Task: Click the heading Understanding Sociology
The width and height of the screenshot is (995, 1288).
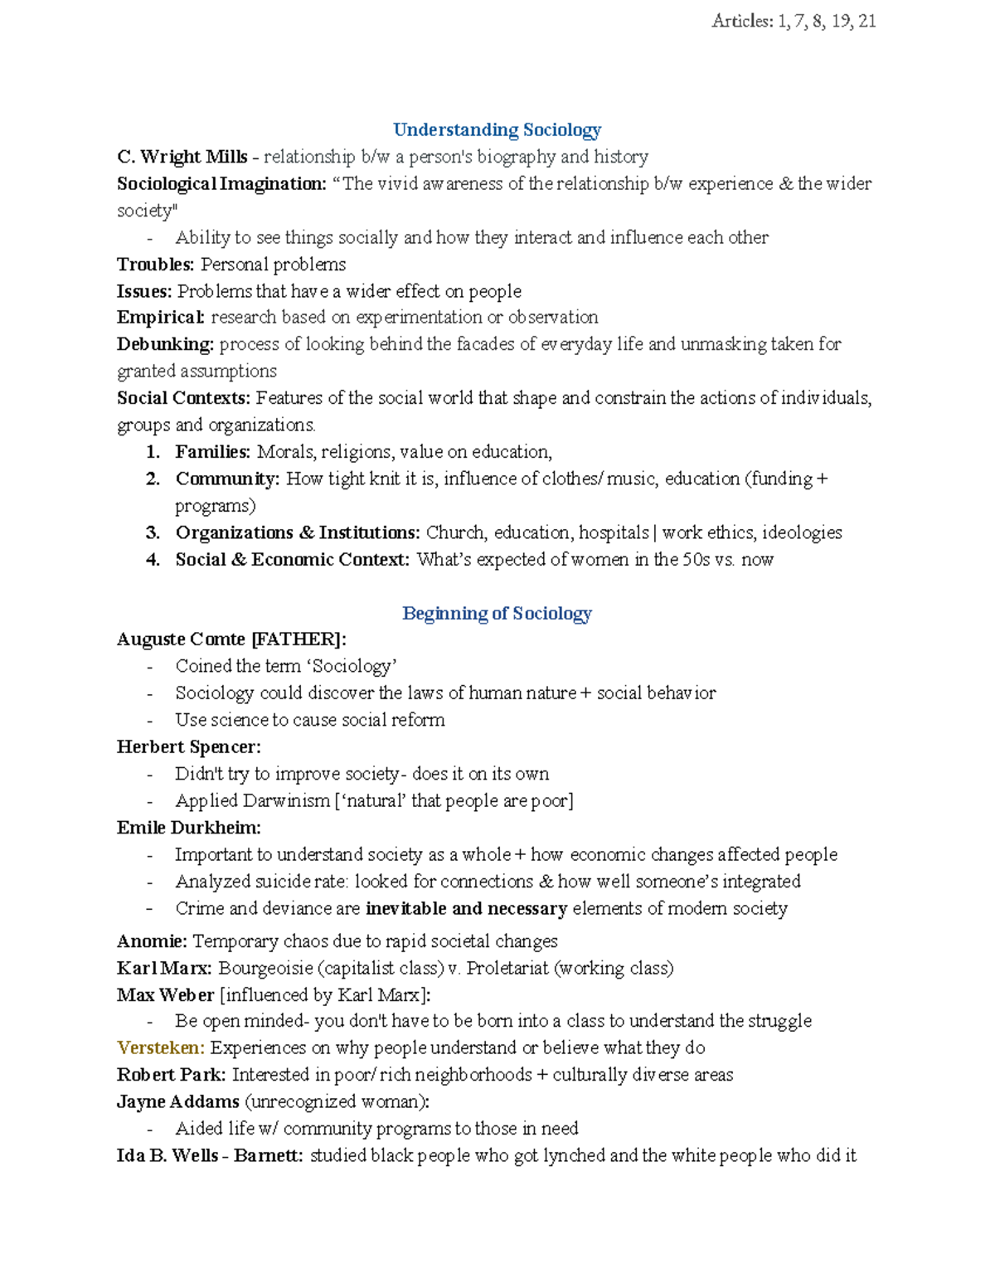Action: tap(497, 130)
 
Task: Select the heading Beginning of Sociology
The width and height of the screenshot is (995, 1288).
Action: tap(497, 614)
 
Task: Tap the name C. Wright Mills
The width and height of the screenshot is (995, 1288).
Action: tap(182, 157)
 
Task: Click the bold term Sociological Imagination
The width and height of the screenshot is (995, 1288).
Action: tap(221, 184)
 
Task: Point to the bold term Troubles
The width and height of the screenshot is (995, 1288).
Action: tap(155, 265)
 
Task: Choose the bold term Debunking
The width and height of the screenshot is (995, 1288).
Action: tap(165, 344)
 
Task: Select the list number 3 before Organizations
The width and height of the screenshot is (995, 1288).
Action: tap(153, 533)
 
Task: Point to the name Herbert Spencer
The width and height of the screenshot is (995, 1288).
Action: tap(188, 747)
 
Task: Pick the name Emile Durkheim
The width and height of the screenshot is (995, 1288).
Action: tap(188, 828)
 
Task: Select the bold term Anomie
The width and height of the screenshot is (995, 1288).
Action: tap(152, 941)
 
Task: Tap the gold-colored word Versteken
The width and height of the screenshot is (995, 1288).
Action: tap(160, 1048)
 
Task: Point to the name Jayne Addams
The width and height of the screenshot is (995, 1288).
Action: tap(177, 1102)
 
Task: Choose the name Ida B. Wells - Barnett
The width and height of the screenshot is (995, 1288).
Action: tap(209, 1156)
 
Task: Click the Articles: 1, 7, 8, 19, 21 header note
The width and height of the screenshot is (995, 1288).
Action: tap(793, 22)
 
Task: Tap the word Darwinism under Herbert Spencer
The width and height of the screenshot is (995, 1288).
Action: tap(286, 801)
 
